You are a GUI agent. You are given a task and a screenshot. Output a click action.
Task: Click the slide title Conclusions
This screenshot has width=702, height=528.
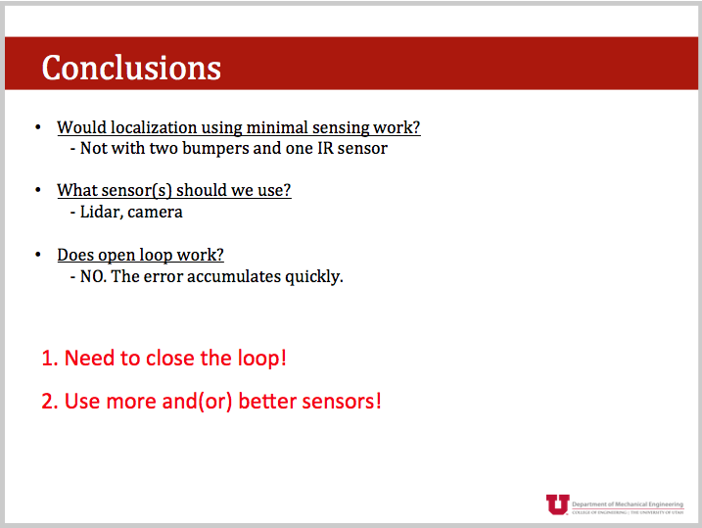point(131,68)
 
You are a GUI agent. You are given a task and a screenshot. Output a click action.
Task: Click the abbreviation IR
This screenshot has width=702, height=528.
point(325,148)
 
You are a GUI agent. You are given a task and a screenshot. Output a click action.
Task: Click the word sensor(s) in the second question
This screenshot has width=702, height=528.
point(136,191)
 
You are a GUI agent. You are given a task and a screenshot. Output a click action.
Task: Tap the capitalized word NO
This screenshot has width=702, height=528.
point(93,277)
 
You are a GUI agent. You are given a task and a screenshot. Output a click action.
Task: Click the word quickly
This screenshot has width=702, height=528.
point(314,277)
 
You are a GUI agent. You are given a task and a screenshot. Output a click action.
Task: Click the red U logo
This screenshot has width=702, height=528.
point(557,504)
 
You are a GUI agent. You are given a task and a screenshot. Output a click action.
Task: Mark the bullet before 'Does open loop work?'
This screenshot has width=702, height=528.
point(38,255)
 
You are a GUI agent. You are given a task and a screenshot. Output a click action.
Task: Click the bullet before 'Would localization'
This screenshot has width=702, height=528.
point(38,127)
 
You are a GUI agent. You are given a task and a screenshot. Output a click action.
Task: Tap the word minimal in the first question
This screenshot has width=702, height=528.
point(277,127)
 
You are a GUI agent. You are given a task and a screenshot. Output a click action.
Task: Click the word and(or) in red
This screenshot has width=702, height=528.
point(198,402)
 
